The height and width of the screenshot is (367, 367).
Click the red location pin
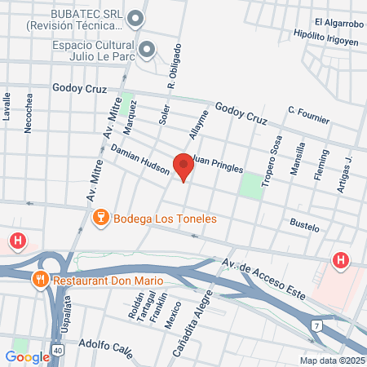pyautogui.click(x=183, y=166)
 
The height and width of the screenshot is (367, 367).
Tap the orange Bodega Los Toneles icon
pyautogui.click(x=101, y=217)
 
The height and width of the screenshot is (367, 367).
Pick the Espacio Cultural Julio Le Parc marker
pyautogui.click(x=147, y=49)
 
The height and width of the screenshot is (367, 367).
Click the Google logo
pyautogui.click(x=27, y=356)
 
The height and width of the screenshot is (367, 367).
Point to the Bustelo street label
pyautogui.click(x=304, y=224)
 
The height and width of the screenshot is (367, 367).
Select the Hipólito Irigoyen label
pyautogui.click(x=326, y=38)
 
